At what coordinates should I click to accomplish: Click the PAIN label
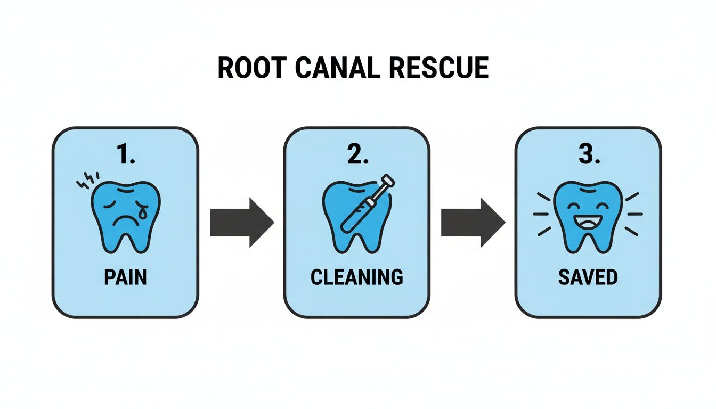pyautogui.click(x=125, y=277)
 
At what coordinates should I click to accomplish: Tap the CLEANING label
pyautogui.click(x=356, y=277)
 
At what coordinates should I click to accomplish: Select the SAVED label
pyautogui.click(x=588, y=277)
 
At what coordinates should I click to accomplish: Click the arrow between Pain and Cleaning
pyautogui.click(x=241, y=222)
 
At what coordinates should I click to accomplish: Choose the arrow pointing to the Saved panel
pyautogui.click(x=472, y=222)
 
